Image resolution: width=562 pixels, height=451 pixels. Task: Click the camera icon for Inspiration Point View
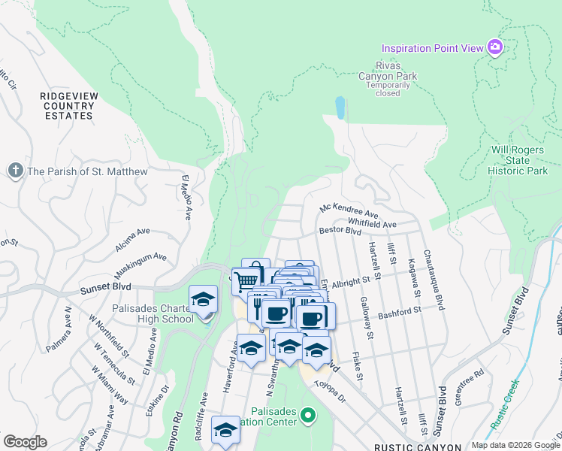click(x=494, y=48)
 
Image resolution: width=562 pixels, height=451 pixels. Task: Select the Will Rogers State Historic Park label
click(x=518, y=161)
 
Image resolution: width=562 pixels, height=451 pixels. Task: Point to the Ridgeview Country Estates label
click(x=68, y=106)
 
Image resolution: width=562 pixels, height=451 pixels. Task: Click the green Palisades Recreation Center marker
click(x=307, y=414)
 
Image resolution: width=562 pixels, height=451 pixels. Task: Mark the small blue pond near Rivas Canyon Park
click(x=341, y=107)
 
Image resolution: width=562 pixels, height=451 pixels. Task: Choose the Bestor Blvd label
click(x=340, y=232)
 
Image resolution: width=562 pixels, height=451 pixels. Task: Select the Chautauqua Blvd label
click(x=434, y=280)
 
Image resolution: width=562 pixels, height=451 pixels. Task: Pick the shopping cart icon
click(x=246, y=282)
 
